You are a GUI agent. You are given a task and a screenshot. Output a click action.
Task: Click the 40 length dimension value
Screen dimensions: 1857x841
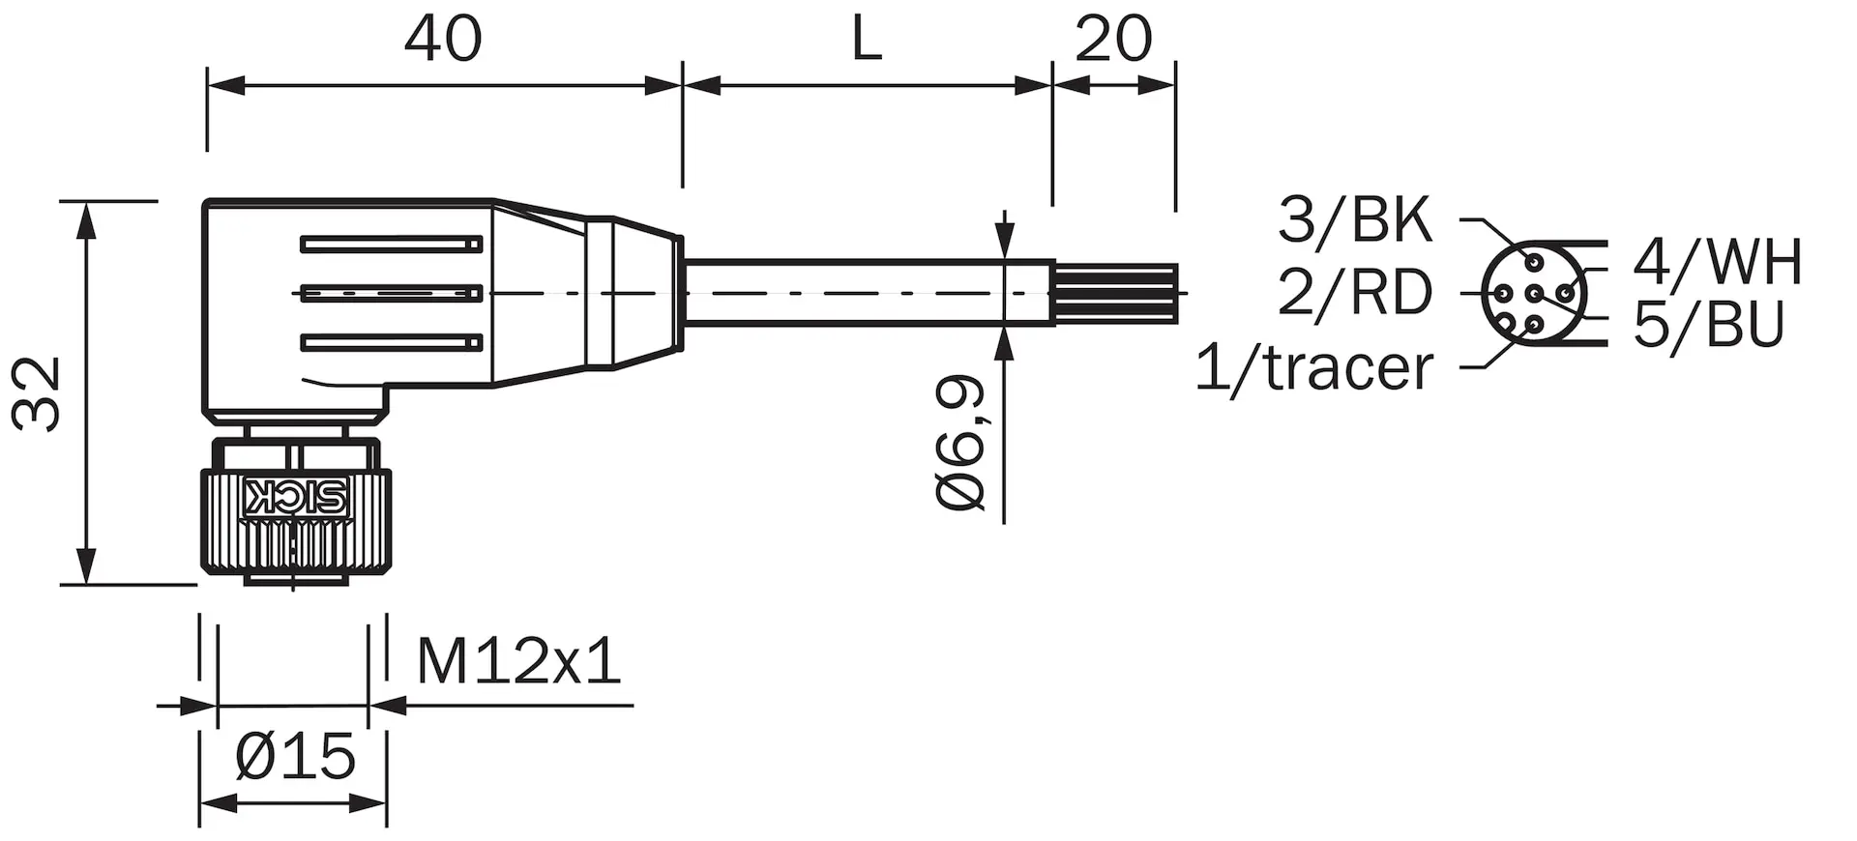pos(442,41)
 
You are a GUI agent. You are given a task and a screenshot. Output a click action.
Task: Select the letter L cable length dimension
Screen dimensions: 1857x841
pos(867,41)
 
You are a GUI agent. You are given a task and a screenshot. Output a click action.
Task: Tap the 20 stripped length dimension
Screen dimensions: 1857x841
pos(1113,41)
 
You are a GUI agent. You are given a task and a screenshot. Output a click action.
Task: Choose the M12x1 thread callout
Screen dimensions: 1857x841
pos(518,661)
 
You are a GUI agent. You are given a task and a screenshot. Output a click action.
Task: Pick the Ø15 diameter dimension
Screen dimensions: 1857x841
pos(296,756)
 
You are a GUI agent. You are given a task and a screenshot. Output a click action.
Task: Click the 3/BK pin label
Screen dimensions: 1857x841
pos(1354,219)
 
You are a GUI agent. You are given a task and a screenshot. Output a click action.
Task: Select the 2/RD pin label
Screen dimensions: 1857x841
pos(1354,291)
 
